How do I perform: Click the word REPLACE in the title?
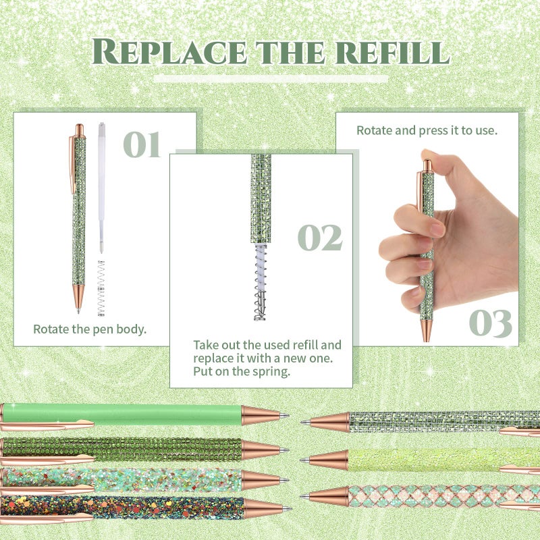pyautogui.click(x=169, y=52)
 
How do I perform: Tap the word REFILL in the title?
pyautogui.click(x=393, y=53)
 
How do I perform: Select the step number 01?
pyautogui.click(x=142, y=144)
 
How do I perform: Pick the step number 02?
pyautogui.click(x=320, y=238)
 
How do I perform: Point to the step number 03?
pyautogui.click(x=491, y=323)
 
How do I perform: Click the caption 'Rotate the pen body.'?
pyautogui.click(x=90, y=329)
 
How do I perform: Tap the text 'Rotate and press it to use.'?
pyautogui.click(x=427, y=130)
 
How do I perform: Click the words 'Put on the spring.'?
pyautogui.click(x=242, y=372)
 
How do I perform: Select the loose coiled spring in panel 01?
pyautogui.click(x=101, y=288)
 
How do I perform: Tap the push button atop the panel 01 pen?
pyautogui.click(x=80, y=130)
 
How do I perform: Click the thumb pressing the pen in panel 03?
pyautogui.click(x=444, y=164)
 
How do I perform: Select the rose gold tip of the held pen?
pyautogui.click(x=427, y=330)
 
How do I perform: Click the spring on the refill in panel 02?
pyautogui.click(x=261, y=282)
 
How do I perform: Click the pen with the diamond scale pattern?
pyautogui.click(x=420, y=496)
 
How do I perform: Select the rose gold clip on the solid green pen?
pyautogui.click(x=47, y=426)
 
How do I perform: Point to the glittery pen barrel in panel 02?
pyautogui.click(x=261, y=198)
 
